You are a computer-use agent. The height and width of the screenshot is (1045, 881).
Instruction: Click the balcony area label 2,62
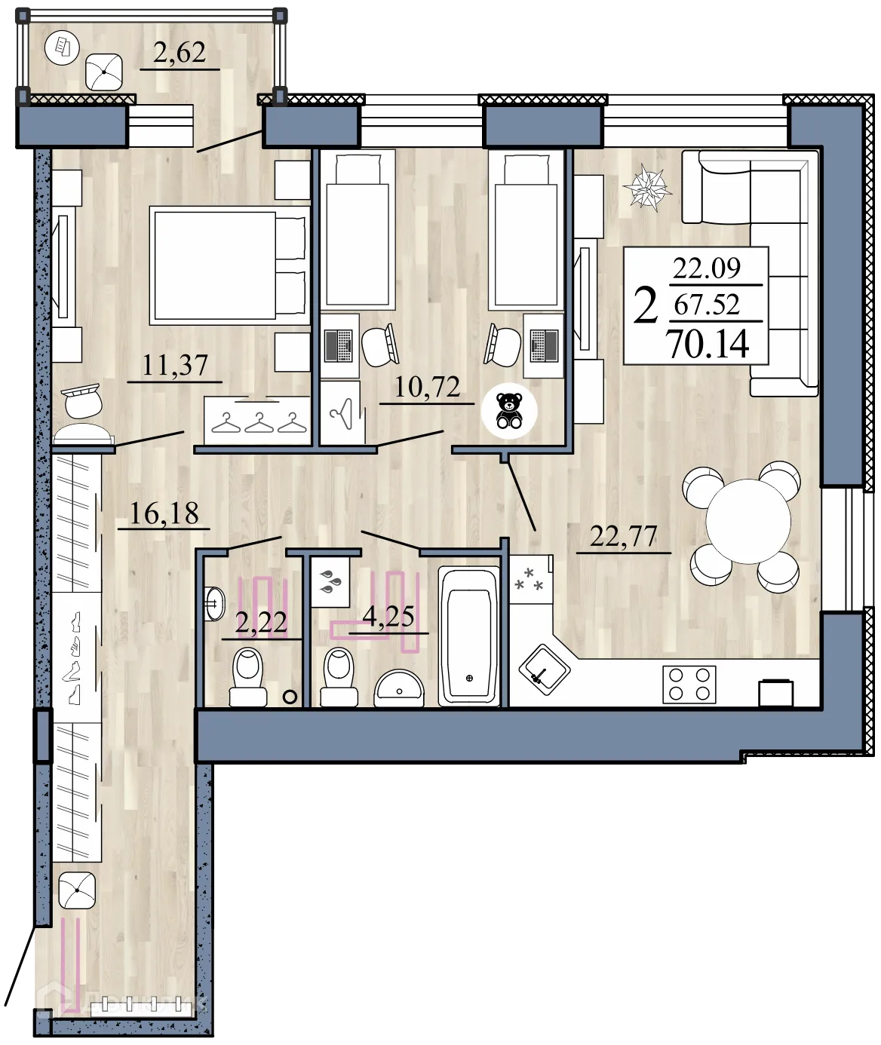click(x=180, y=53)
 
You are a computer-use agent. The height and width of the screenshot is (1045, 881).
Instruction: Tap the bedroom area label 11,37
click(x=175, y=366)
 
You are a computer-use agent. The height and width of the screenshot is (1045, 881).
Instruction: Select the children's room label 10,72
click(x=427, y=387)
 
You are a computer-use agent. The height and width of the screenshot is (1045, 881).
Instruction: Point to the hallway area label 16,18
click(x=164, y=514)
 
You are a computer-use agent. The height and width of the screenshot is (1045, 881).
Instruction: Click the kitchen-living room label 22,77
click(x=623, y=537)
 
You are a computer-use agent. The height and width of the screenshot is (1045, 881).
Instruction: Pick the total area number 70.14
click(x=708, y=344)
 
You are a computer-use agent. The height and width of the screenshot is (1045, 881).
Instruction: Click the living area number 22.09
click(x=707, y=268)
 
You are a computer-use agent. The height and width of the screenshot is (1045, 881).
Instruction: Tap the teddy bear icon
click(x=510, y=410)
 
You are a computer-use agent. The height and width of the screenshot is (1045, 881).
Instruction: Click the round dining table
click(x=747, y=520)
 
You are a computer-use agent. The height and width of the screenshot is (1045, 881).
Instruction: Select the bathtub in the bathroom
click(x=469, y=636)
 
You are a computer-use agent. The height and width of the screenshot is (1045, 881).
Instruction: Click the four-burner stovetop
click(x=689, y=685)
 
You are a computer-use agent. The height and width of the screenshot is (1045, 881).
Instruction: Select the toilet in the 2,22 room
click(x=248, y=676)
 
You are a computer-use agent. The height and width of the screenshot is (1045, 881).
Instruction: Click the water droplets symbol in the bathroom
click(x=330, y=581)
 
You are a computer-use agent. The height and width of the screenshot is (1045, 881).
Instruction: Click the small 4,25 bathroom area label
click(x=388, y=617)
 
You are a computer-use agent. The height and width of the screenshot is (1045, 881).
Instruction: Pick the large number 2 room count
click(x=646, y=305)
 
